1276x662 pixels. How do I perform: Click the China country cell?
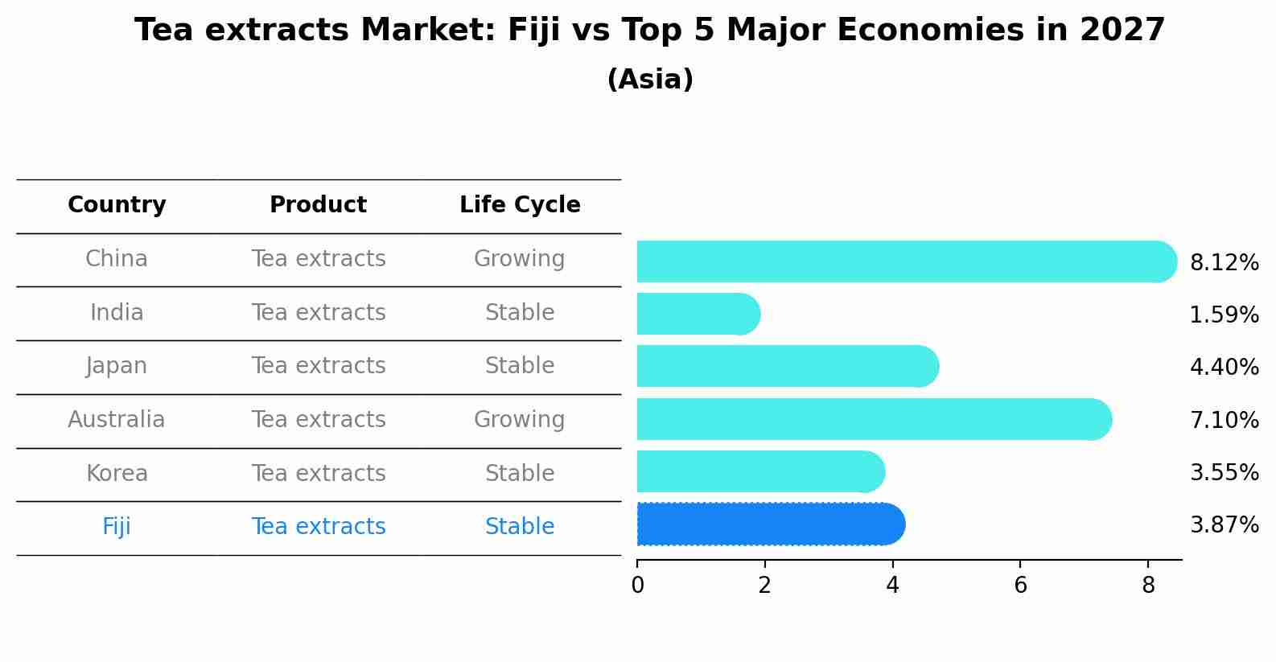click(117, 259)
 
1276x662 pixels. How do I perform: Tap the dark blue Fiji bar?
click(770, 524)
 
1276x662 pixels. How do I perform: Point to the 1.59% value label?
click(1224, 315)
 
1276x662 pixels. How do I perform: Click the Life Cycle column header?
click(520, 205)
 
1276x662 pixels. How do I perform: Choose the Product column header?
click(318, 205)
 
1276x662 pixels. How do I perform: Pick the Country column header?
click(117, 205)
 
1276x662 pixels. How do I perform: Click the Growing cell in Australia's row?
click(519, 420)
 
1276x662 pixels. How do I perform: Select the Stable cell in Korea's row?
click(520, 473)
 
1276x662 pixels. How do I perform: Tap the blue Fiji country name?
click(117, 527)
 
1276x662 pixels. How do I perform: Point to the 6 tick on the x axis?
click(1020, 586)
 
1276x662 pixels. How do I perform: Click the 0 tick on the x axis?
click(637, 586)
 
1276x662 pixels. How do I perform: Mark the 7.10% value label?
click(1224, 420)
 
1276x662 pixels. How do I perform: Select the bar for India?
click(698, 314)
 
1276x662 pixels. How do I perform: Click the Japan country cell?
click(117, 366)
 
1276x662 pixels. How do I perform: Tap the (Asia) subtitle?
click(650, 80)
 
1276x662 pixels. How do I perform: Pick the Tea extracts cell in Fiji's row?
click(318, 527)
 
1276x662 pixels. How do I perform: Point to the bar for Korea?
click(760, 471)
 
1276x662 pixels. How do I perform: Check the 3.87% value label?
click(1224, 525)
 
